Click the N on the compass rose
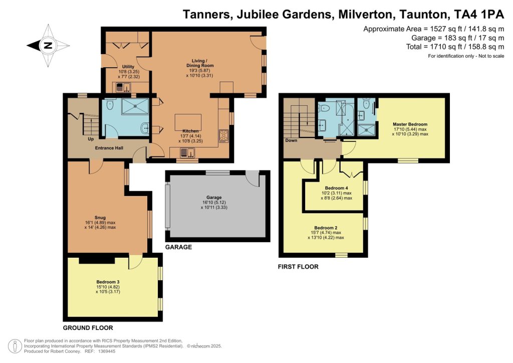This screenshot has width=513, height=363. coord(48,46)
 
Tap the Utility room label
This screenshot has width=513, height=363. coord(128,67)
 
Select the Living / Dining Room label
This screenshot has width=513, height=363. coord(200,63)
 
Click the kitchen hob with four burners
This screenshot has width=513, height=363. coord(224,136)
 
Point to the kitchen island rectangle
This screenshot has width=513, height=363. coord(188,122)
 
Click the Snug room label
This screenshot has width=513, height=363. coord(100,218)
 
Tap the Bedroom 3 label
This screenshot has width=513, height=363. coord(108,282)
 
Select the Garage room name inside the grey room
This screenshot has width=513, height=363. coord(214,198)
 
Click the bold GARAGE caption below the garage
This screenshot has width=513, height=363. coord(178,247)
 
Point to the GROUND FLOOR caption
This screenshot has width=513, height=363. coord(88,328)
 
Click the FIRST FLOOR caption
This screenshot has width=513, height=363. coord(298,267)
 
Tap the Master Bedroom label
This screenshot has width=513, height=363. coord(410,124)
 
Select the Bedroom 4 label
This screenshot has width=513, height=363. coord(336,188)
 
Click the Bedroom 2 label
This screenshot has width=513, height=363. coord(326,228)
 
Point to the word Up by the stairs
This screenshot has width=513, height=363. coord(91,139)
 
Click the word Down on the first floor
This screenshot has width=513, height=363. coord(291,140)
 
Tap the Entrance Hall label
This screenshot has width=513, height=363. coord(109,148)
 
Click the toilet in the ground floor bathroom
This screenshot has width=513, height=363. coord(110,105)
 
